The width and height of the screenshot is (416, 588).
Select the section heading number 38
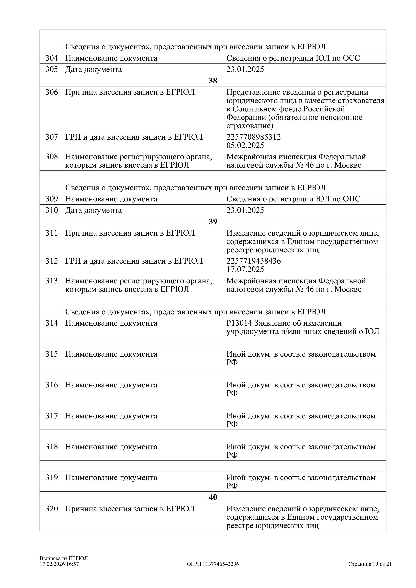coord(213,81)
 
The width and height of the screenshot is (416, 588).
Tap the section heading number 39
coord(213,222)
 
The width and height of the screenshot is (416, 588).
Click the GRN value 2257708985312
coord(253,137)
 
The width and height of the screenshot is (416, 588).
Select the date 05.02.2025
coord(245,145)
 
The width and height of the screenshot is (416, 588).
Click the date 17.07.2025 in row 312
coord(245,269)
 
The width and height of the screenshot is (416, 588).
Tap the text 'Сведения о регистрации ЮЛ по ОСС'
coord(293,58)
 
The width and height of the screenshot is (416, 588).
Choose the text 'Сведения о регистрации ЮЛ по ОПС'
coord(293,199)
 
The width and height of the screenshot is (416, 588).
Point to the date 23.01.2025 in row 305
coord(245,69)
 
